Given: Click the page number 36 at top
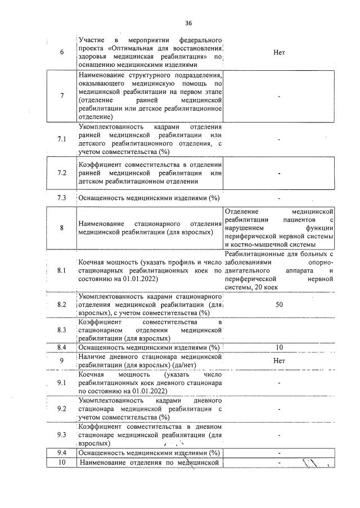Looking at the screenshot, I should pyautogui.click(x=188, y=23).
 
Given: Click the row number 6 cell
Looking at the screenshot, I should pyautogui.click(x=62, y=52).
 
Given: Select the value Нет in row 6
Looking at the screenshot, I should pyautogui.click(x=279, y=52).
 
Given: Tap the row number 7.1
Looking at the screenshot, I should pyautogui.click(x=62, y=139).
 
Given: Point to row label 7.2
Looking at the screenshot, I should pyautogui.click(x=62, y=173).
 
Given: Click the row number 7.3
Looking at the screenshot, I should pyautogui.click(x=62, y=198).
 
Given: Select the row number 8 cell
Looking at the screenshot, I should pyautogui.click(x=62, y=228).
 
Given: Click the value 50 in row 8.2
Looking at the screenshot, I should pyautogui.click(x=279, y=305).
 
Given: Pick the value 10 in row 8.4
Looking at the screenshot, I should pyautogui.click(x=279, y=347).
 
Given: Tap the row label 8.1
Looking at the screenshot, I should pyautogui.click(x=62, y=270).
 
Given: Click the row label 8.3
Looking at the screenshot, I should pyautogui.click(x=62, y=330).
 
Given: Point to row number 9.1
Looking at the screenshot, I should pyautogui.click(x=62, y=383).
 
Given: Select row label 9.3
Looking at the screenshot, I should pyautogui.click(x=62, y=434).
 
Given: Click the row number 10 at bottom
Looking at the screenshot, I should pyautogui.click(x=62, y=462).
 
